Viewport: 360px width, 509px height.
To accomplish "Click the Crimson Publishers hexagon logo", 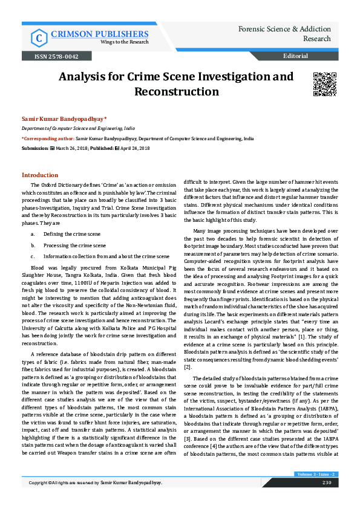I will [x=39, y=38].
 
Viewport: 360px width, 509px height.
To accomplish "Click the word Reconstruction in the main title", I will [x=176, y=92].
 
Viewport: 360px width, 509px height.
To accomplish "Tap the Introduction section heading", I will [x=40, y=175].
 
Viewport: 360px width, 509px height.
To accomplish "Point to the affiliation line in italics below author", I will [x=79, y=129].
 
